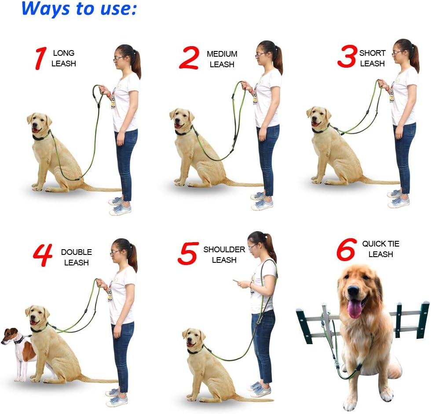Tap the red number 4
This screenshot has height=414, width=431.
43,256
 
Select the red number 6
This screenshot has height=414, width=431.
346,250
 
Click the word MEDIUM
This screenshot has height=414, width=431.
222,54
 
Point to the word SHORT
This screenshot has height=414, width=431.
373,53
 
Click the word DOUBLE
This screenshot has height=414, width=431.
77,252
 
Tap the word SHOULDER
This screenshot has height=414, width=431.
224,250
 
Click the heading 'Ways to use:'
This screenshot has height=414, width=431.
79,9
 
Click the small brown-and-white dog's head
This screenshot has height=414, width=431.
12,336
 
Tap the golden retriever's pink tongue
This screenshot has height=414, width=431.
354,309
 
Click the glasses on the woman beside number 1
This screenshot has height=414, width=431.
118,58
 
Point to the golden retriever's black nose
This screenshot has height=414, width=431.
353,291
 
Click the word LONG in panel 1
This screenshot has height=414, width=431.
64,53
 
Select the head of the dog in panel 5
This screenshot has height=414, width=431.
194,339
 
